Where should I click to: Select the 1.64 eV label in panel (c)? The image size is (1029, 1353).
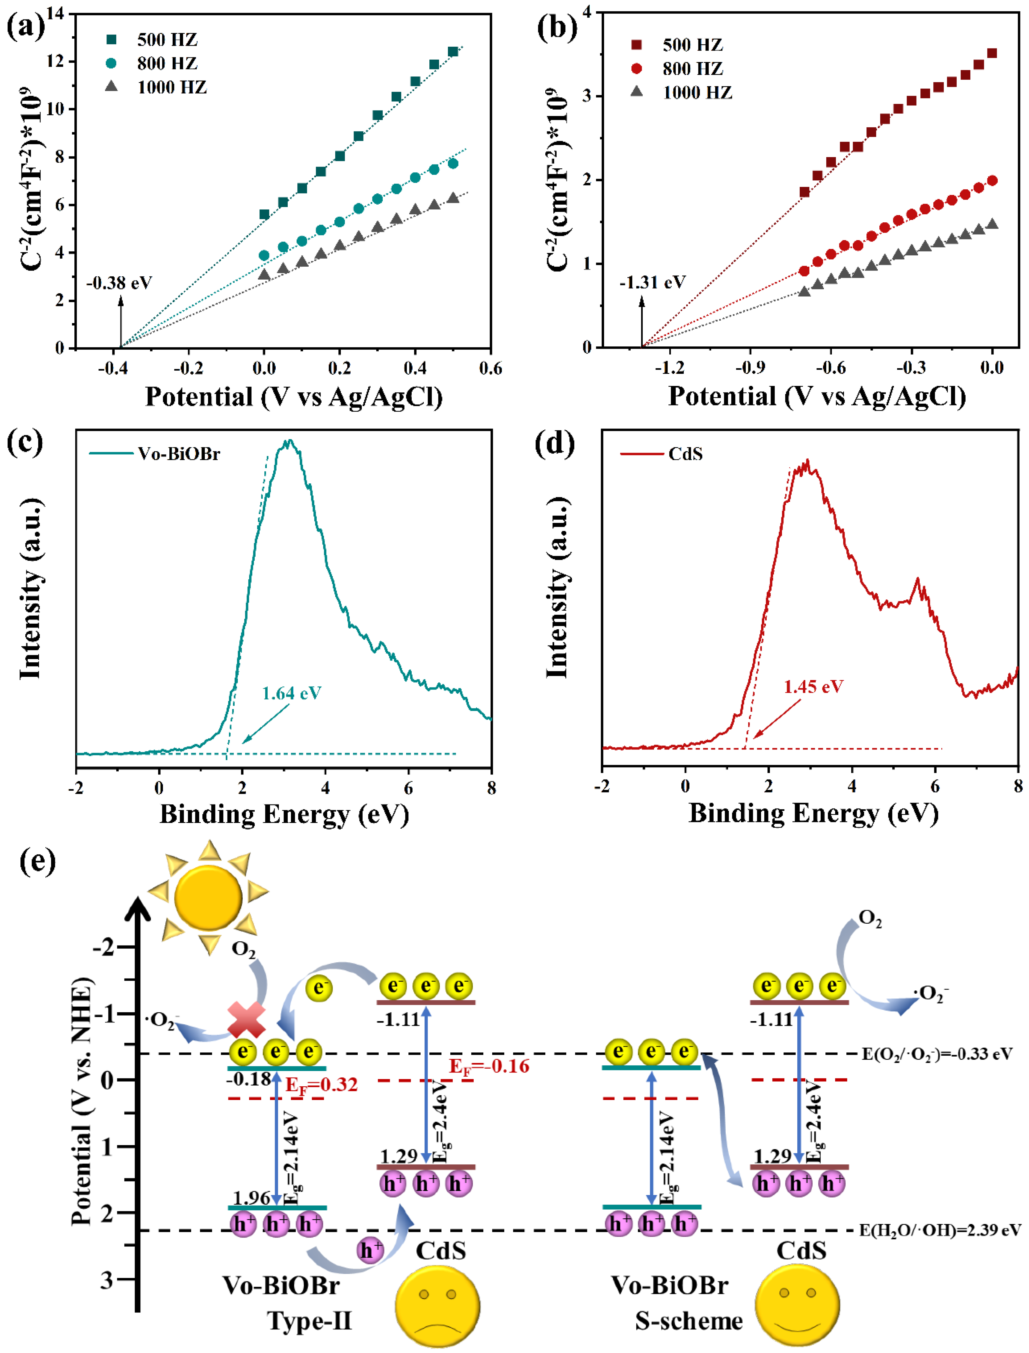[292, 693]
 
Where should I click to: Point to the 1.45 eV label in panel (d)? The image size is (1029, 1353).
[813, 686]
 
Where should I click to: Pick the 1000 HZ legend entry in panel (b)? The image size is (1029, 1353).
[697, 92]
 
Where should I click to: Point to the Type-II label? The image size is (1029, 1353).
[310, 1321]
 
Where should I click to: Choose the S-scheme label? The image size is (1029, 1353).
[688, 1321]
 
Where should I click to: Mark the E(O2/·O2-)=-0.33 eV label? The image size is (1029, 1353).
[937, 1054]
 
